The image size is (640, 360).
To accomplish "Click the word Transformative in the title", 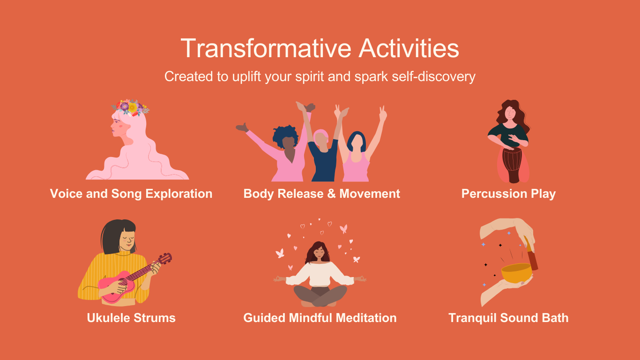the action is (x=266, y=48).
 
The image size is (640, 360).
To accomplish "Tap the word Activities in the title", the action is (x=409, y=48).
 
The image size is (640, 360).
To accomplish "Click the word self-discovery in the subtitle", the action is (x=433, y=76).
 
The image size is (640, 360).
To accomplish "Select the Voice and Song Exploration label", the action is (x=131, y=194).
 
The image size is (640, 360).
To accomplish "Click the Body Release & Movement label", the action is (x=321, y=194).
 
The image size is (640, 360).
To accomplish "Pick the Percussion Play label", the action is (x=508, y=194).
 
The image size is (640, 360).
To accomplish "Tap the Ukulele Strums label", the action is (x=131, y=318).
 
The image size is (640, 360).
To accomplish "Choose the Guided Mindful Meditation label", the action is (x=320, y=318).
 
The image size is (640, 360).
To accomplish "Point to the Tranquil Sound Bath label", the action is (x=508, y=318).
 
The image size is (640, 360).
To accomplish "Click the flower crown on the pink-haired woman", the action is (x=130, y=107).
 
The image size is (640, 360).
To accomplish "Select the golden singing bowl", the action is (x=517, y=273).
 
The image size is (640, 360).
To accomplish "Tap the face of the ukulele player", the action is (x=127, y=239).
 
